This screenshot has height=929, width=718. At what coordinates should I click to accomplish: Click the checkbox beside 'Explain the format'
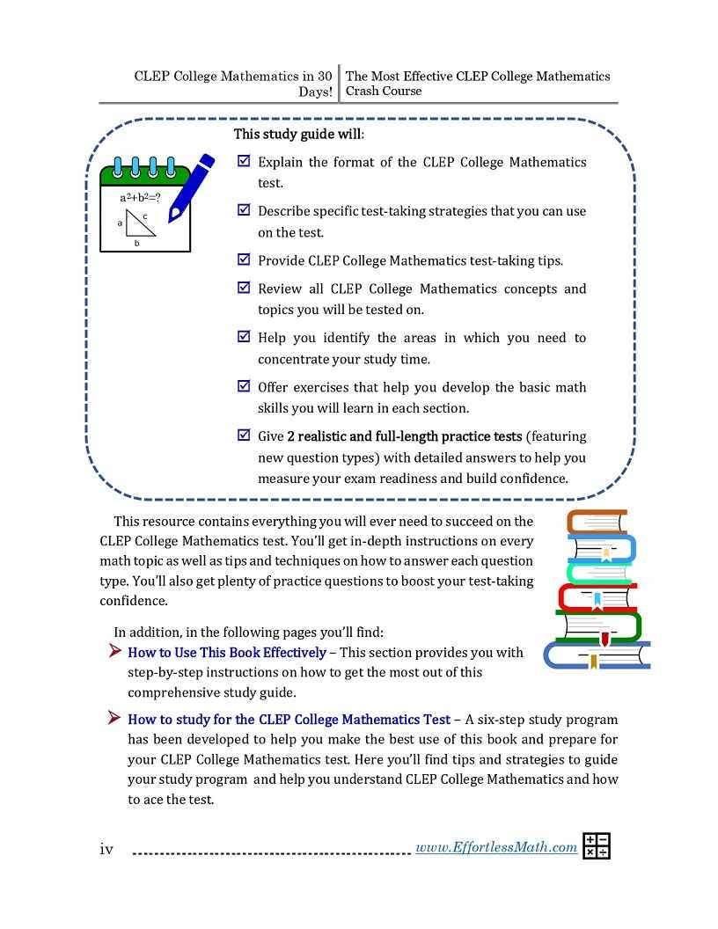coord(244,162)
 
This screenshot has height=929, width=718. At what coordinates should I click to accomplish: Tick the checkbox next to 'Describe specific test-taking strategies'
coord(244,210)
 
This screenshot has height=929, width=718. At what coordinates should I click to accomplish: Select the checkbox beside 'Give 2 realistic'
coord(244,435)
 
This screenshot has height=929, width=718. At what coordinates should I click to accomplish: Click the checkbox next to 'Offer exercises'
coord(244,386)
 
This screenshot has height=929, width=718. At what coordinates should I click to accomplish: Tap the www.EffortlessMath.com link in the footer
coord(495,847)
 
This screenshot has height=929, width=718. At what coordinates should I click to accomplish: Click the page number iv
coord(106,849)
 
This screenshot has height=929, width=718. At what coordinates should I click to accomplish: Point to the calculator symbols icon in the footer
coord(596,845)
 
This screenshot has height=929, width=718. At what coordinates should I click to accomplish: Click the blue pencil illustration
coord(193,187)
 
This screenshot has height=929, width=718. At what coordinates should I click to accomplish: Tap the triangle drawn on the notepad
coord(138,223)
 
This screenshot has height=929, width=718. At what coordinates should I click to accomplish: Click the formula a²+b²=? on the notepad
coord(140,198)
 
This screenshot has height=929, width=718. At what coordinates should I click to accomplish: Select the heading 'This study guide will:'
coord(298,135)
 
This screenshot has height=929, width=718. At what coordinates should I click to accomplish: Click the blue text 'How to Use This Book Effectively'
coord(227,653)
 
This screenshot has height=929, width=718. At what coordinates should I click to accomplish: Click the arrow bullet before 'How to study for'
coord(114,719)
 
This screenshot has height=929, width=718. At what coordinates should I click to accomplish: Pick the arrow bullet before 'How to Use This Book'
coord(114,652)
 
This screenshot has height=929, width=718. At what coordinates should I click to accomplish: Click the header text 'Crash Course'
coord(383,91)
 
